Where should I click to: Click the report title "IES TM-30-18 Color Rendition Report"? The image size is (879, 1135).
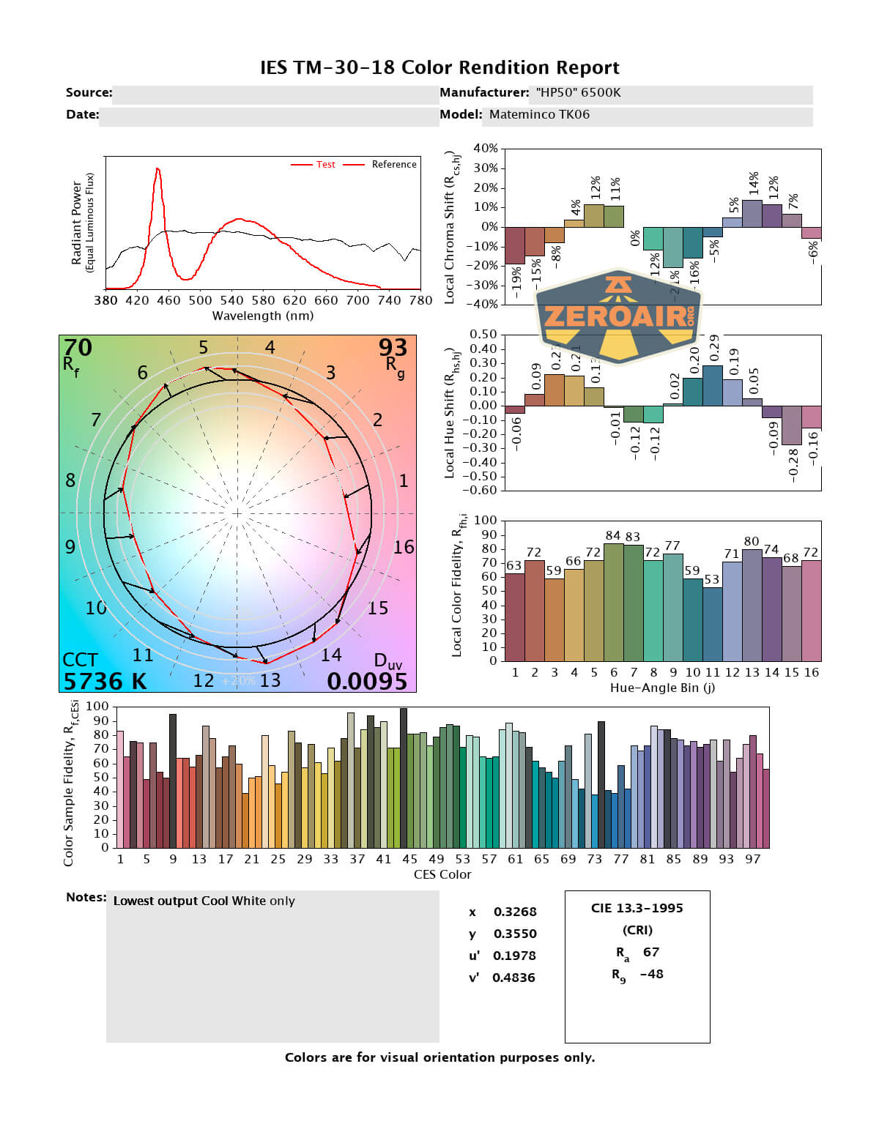click(439, 67)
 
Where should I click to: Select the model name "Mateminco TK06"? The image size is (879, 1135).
click(539, 114)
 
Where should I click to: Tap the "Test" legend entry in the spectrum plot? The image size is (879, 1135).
click(325, 165)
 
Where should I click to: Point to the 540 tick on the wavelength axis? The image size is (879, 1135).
click(231, 299)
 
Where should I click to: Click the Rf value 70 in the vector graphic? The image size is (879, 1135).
click(78, 347)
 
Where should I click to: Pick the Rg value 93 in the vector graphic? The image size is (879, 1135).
click(393, 347)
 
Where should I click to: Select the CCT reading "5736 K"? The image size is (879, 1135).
click(105, 681)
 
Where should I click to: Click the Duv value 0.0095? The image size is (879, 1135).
click(367, 681)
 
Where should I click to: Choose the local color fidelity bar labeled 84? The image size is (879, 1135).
click(614, 602)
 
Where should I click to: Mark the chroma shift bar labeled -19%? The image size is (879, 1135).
click(515, 245)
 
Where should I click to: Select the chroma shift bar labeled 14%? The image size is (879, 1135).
click(752, 213)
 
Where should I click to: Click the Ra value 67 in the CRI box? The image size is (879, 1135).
click(651, 952)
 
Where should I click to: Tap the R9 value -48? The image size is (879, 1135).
click(651, 974)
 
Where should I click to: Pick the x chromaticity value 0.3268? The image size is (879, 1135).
click(515, 912)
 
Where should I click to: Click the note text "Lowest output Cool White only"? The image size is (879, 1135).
click(204, 901)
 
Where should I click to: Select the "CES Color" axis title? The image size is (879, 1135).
click(442, 874)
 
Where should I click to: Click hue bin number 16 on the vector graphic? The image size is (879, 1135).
click(404, 547)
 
